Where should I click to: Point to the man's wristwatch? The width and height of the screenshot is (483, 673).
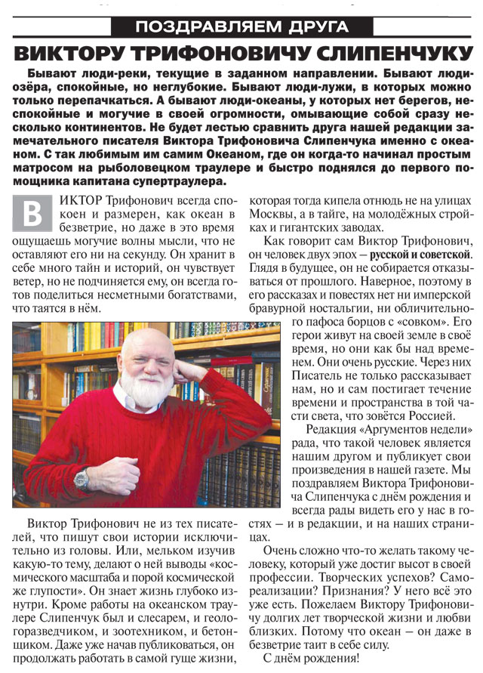(x=82, y=478)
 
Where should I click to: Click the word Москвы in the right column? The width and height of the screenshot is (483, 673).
(x=269, y=216)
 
